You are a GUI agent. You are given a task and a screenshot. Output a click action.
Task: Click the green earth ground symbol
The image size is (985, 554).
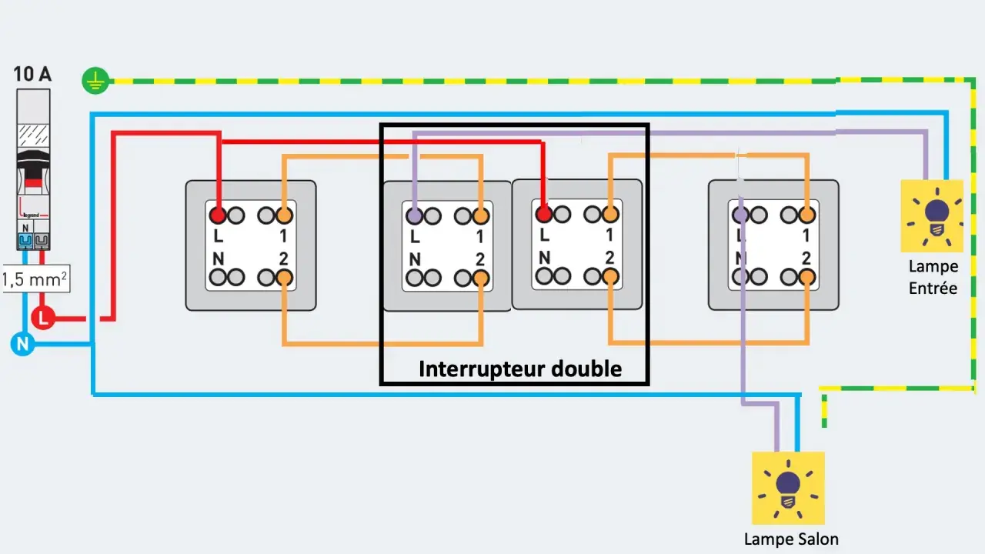tap(95, 81)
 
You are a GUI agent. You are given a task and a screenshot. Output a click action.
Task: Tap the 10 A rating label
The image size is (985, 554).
tap(32, 74)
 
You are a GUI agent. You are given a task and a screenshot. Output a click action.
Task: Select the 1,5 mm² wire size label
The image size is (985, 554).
tap(35, 279)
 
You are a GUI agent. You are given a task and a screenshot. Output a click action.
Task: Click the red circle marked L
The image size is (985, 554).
tap(42, 318)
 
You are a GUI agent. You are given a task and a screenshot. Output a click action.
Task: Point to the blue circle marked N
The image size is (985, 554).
tap(22, 344)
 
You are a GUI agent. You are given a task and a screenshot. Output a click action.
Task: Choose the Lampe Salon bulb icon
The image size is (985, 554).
tap(788, 488)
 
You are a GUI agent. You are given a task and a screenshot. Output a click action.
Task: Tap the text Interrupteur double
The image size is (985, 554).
tap(520, 369)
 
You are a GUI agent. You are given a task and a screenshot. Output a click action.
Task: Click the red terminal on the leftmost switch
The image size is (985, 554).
tap(217, 215)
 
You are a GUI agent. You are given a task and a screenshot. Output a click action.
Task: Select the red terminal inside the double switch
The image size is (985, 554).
tap(544, 214)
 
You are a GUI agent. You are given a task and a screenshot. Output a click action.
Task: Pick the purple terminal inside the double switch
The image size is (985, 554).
tap(414, 216)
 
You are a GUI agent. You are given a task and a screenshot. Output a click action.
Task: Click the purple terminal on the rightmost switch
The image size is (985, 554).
tap(740, 215)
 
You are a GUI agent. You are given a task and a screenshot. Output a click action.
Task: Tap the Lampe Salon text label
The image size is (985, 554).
tap(791, 539)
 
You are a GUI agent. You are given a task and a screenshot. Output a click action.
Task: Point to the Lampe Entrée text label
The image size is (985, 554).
tap(933, 277)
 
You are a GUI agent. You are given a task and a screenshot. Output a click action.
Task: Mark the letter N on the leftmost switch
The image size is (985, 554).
tap(219, 259)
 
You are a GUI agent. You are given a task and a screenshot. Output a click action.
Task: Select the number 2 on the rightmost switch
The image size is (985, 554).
tap(806, 258)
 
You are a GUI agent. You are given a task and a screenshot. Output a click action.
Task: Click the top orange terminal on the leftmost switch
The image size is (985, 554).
tap(284, 215)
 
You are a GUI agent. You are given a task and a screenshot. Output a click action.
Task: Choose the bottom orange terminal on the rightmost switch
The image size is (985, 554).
tap(807, 277)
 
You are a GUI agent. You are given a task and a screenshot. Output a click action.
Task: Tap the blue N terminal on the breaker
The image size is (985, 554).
tap(25, 241)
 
